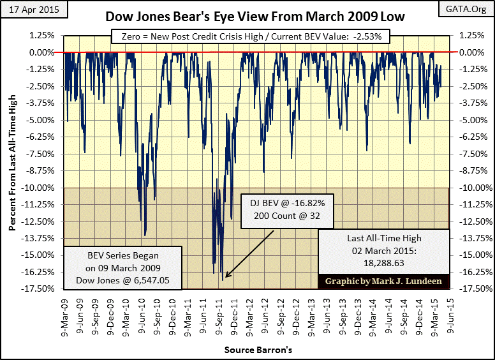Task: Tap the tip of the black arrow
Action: point(224,279)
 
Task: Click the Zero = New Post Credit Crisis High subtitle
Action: point(247,37)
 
